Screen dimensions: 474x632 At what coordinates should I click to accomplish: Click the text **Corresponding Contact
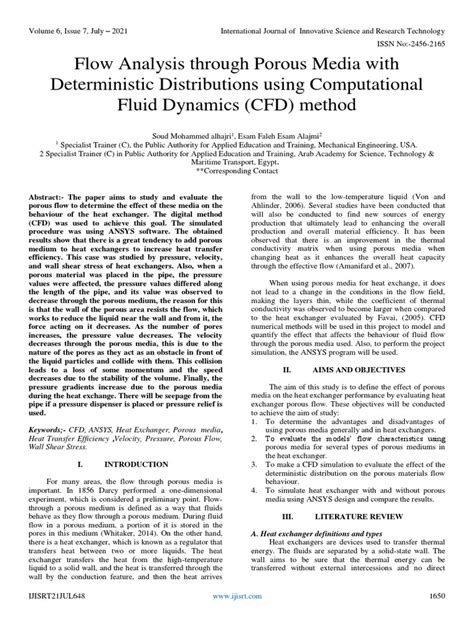[236, 171]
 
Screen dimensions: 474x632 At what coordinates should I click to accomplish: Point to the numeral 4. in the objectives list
[253, 497]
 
